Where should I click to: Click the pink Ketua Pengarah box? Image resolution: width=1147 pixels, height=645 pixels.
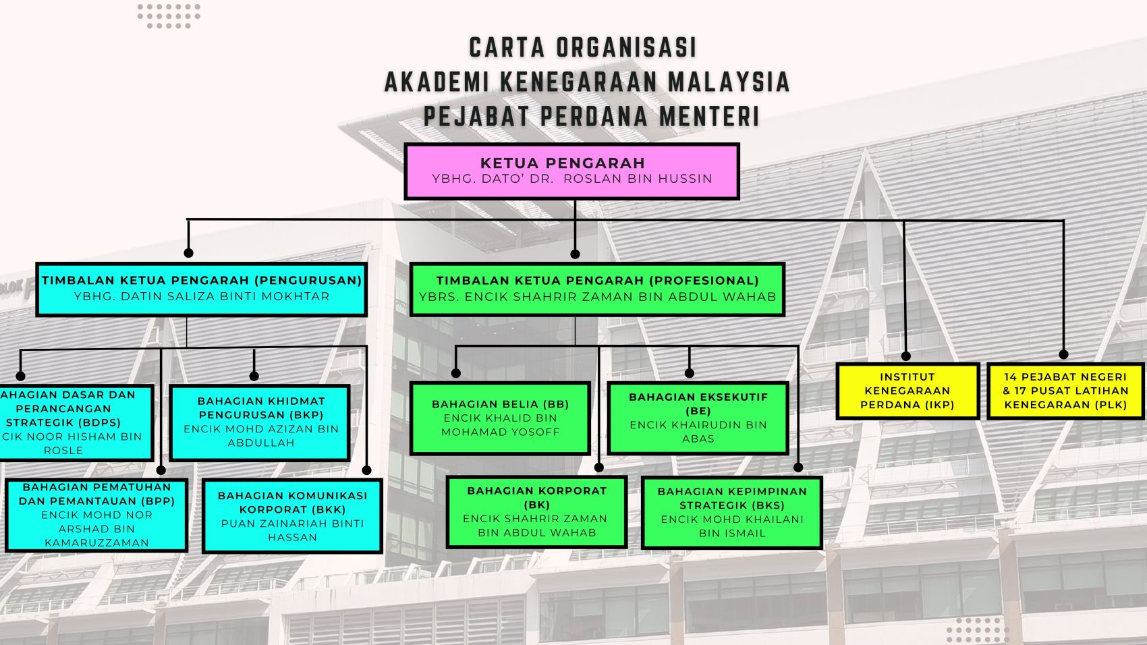(571, 171)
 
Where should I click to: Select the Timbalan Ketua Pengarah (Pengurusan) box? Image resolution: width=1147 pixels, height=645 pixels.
(201, 289)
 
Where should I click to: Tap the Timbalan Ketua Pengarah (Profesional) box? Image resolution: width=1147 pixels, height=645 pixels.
(597, 289)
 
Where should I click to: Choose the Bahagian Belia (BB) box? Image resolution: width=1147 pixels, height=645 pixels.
(500, 418)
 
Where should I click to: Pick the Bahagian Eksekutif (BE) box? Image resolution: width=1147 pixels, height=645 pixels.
(698, 418)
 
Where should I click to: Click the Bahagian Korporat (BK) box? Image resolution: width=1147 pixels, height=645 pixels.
(536, 511)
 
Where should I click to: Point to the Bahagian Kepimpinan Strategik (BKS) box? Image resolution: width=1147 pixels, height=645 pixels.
(731, 512)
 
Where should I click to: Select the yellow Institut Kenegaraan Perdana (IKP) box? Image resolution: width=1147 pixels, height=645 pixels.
(907, 391)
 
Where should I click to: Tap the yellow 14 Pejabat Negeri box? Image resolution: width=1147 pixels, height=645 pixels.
(1065, 391)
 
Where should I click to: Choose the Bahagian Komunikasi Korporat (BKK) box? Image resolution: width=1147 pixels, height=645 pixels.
(291, 516)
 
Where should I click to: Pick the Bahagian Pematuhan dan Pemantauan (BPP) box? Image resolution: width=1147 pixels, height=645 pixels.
(96, 515)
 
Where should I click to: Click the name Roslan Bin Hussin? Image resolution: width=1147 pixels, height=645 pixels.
(638, 179)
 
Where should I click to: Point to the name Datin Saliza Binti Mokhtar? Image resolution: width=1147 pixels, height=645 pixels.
(225, 296)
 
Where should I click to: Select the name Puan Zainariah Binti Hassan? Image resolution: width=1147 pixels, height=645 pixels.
(291, 530)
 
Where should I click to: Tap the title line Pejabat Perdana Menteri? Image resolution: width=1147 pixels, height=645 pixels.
(591, 116)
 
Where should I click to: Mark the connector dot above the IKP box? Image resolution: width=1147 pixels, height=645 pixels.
(905, 356)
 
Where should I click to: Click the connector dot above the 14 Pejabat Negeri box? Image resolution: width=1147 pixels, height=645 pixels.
(1063, 354)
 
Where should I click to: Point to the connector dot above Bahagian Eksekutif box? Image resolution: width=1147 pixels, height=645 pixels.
(689, 372)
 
